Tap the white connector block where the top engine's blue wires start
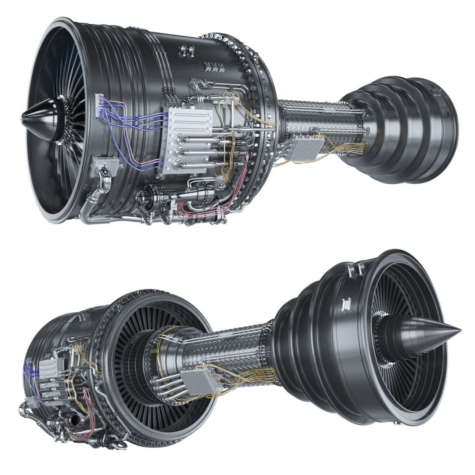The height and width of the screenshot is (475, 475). (x=99, y=106)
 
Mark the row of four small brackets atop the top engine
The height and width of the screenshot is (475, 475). (x=214, y=67)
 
